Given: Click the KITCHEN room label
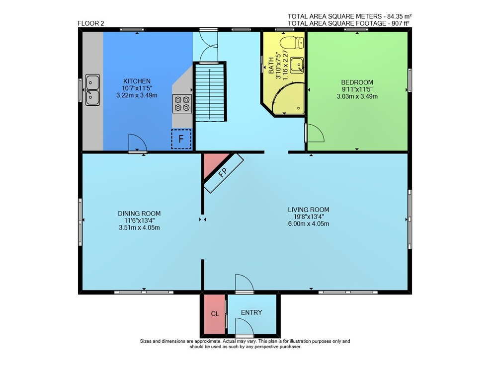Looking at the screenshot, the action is point(137,81).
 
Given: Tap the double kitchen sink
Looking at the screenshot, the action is point(92,90).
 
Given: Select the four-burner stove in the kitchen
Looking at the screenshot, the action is point(182,103).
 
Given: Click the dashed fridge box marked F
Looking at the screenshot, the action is point(181,139).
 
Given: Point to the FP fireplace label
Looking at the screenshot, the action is point(223,172).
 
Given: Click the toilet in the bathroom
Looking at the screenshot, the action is point(295,43).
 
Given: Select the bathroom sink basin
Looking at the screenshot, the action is point(297,65).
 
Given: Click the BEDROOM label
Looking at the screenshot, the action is point(357,82).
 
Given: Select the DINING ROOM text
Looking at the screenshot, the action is point(139,214).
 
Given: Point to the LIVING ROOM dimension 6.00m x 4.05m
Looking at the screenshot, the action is point(309,224).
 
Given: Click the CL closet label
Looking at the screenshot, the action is point(215,314).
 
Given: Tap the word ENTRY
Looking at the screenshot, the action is point(251,312).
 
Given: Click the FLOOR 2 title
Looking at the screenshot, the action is point(90,23).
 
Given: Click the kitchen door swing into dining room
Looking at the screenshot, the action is point(138,143).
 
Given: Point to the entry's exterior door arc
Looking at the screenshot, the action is point(245,326).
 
